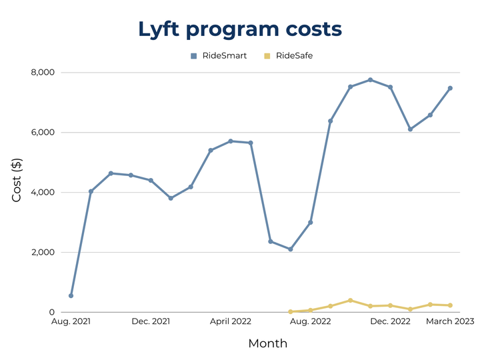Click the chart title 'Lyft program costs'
pyautogui.click(x=240, y=29)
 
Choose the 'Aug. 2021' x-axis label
pyautogui.click(x=71, y=321)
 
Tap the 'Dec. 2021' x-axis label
pyautogui.click(x=151, y=321)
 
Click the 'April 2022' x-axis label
pyautogui.click(x=231, y=321)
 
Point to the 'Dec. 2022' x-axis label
pyautogui.click(x=390, y=321)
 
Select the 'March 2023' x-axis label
pyautogui.click(x=451, y=321)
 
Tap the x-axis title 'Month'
pyautogui.click(x=268, y=344)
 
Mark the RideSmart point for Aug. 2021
pyautogui.click(x=71, y=295)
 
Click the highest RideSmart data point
pyautogui.click(x=370, y=80)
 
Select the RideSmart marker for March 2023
pyautogui.click(x=450, y=88)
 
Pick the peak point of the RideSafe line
pyautogui.click(x=350, y=301)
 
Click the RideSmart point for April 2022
pyautogui.click(x=231, y=141)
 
